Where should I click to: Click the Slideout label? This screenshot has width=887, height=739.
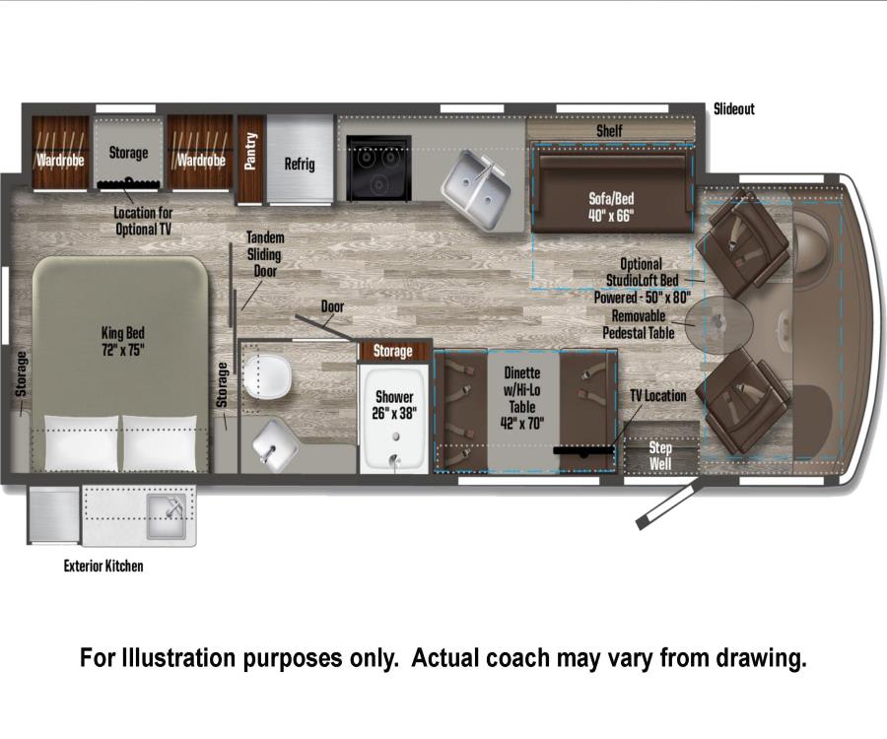coord(733,109)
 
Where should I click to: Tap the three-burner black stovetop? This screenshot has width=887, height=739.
coord(378,168)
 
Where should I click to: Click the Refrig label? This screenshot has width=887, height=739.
coord(300,164)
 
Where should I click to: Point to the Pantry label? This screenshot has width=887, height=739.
coord(250,151)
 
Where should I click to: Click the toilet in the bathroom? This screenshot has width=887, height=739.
coord(266,374)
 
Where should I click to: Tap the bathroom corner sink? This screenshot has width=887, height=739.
coord(274,445)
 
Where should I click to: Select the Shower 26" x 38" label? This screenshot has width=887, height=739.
coord(394,405)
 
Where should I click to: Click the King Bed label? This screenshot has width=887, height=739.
coord(123,342)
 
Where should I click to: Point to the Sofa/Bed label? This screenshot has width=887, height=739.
coord(611,207)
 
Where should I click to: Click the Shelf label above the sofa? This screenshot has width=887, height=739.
coord(609,131)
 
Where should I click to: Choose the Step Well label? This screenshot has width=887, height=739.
coord(660,456)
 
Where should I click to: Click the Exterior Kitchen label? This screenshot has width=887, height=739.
coord(103,566)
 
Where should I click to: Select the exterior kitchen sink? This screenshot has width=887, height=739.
coord(167,516)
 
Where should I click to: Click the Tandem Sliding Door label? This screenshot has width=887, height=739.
coord(265,254)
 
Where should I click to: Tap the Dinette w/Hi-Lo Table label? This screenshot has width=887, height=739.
coord(522,398)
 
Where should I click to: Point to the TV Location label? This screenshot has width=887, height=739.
coord(658,396)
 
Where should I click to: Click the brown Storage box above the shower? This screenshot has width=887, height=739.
coord(393,351)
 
